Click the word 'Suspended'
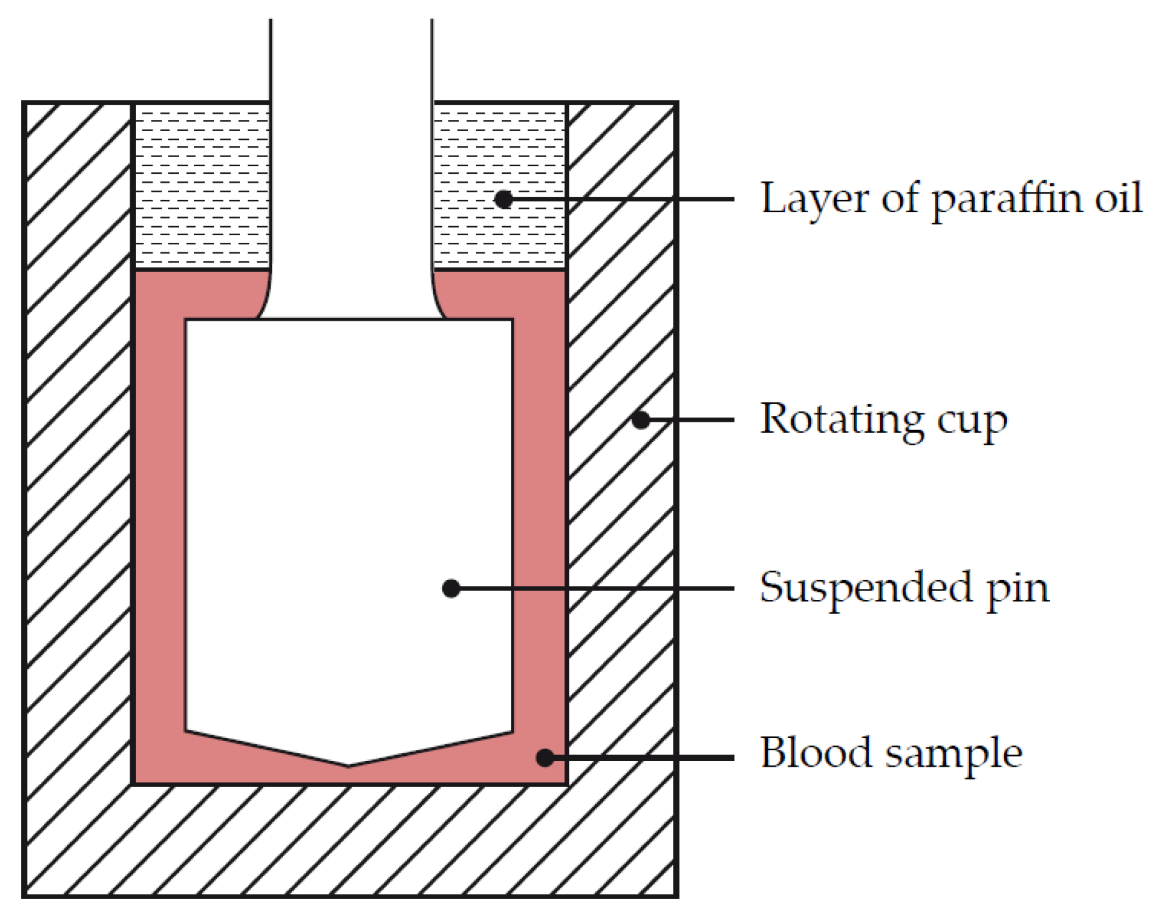(x=866, y=588)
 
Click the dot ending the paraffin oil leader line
(x=504, y=199)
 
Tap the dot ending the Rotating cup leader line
(x=641, y=420)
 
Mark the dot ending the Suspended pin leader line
(x=452, y=588)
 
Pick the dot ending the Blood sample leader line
(x=545, y=758)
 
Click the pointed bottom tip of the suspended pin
(x=349, y=765)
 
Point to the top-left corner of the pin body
(x=186, y=319)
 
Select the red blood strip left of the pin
(x=160, y=511)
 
